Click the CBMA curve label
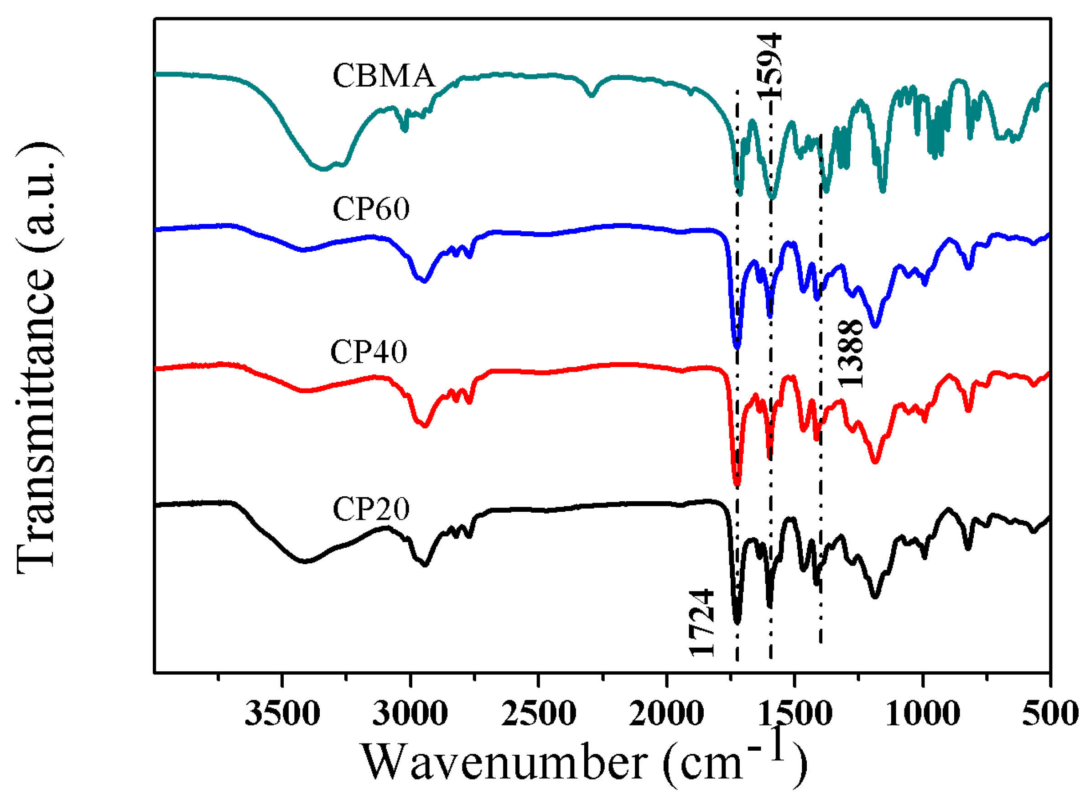(x=384, y=77)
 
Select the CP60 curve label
(x=371, y=209)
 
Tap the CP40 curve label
(x=369, y=352)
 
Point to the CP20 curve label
(x=371, y=509)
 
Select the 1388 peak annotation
(x=851, y=353)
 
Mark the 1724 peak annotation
(x=701, y=623)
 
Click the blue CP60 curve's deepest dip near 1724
(x=737, y=347)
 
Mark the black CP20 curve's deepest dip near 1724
(x=737, y=622)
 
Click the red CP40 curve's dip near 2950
(x=425, y=426)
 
